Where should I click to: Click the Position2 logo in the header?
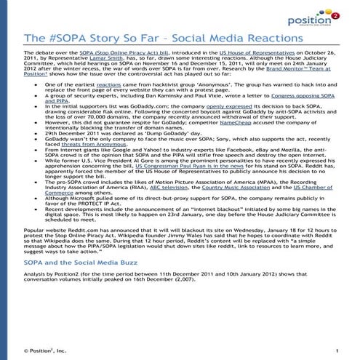click(319, 16)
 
